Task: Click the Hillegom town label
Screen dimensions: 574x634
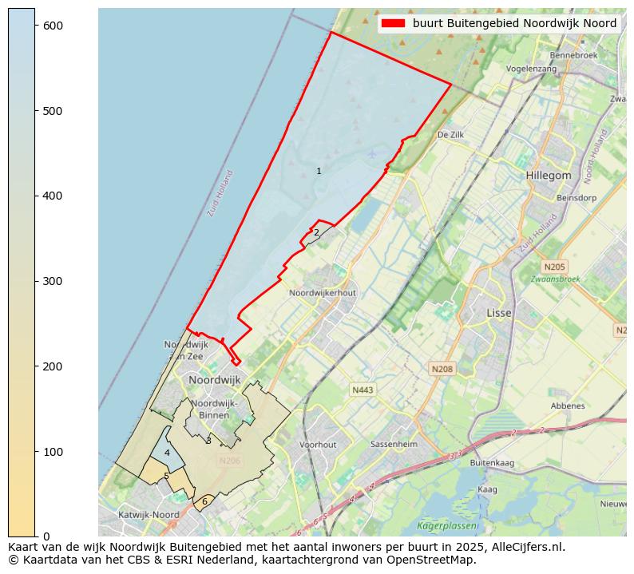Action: [x=549, y=176]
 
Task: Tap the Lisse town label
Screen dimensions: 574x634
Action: [x=499, y=313]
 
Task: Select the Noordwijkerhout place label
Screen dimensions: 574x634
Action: [x=323, y=293]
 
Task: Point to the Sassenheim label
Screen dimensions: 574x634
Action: [x=394, y=444]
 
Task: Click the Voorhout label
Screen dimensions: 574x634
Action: [x=318, y=445]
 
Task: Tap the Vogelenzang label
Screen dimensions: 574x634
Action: [x=531, y=69]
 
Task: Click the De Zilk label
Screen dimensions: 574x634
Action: [x=450, y=136]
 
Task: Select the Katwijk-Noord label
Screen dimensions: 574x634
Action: [x=149, y=515]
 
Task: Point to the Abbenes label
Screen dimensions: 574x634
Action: [x=568, y=406]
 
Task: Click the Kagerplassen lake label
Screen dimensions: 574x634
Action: [x=444, y=525]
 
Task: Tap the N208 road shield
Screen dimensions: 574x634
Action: [x=442, y=369]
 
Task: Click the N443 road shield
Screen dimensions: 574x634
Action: [x=363, y=390]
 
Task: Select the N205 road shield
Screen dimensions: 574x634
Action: [x=553, y=267]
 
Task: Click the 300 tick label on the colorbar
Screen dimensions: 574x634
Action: [x=53, y=281]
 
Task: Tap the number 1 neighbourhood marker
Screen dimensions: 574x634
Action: [x=319, y=171]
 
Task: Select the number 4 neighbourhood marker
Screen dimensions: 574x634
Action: [x=167, y=453]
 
